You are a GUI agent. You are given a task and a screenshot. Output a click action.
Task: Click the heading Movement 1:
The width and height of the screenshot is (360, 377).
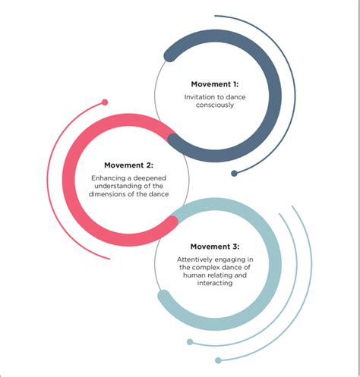[x=215, y=84]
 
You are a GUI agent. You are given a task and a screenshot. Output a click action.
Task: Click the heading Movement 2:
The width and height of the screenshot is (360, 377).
[x=128, y=165]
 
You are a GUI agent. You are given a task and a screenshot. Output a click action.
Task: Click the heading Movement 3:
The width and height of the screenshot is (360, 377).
[x=215, y=247]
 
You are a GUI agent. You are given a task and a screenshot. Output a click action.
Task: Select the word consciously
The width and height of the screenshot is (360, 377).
[x=215, y=105]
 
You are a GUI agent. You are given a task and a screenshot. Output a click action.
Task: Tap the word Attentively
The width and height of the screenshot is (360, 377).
[x=192, y=259]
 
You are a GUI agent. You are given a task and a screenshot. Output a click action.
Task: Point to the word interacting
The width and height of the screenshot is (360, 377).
[x=215, y=283]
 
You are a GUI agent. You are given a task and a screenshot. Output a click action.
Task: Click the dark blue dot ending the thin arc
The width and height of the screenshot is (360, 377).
[x=234, y=173]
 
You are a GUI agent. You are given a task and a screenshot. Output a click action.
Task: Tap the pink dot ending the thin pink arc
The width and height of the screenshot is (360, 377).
[x=105, y=102]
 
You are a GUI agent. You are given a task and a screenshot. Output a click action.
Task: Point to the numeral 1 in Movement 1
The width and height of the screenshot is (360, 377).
[x=235, y=84]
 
